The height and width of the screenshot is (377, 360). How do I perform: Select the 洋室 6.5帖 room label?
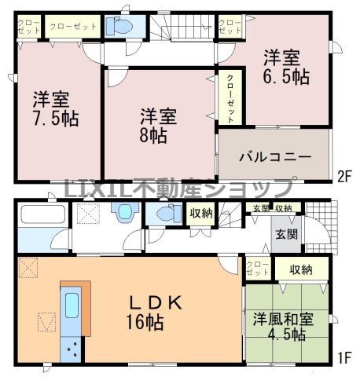pos(285,68)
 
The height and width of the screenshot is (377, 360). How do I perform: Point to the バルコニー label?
pos(275,154)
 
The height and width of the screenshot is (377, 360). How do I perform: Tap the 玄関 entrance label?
pos(285,233)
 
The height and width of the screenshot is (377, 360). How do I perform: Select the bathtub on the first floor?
pos(43,215)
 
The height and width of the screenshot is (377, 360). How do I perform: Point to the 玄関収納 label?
pos(272,208)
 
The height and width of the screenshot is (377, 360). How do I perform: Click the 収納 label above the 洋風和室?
pos(299,269)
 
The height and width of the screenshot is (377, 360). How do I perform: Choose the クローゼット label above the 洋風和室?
pos(258,268)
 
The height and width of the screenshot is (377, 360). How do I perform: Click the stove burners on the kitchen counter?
pos(74,346)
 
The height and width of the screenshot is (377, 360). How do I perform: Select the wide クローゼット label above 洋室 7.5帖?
pos(73,26)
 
